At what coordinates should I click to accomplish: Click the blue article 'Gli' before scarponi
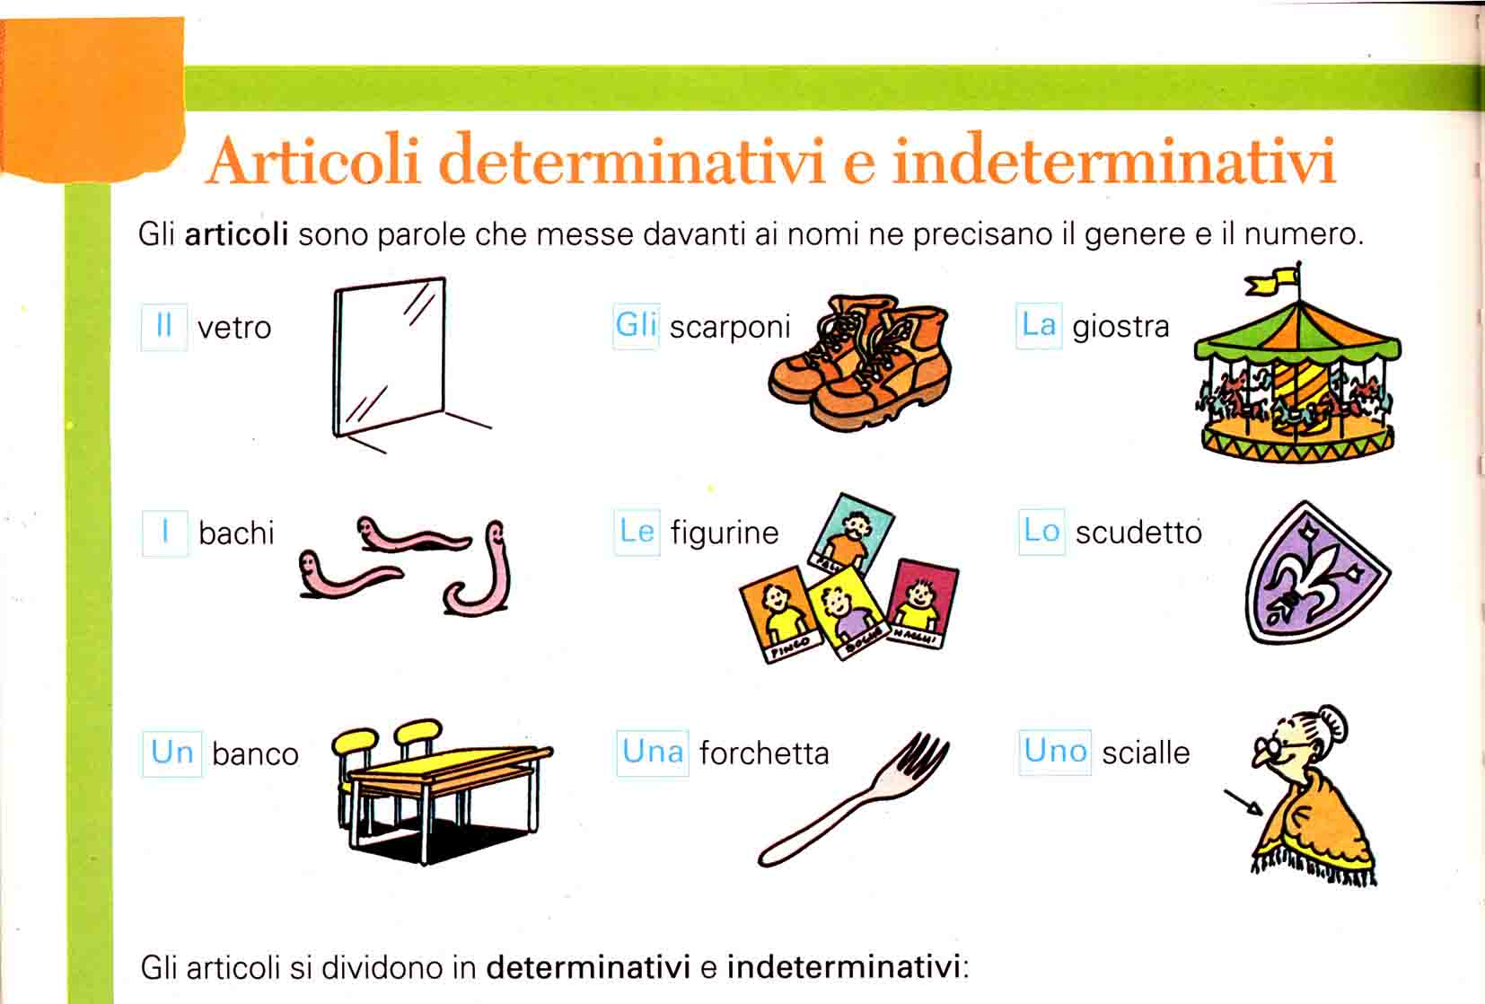[636, 326]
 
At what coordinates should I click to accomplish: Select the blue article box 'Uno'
[1055, 752]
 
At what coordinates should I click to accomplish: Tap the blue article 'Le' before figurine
[637, 531]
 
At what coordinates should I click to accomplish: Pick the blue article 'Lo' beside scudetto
[1041, 531]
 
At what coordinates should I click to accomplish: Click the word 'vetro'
[234, 328]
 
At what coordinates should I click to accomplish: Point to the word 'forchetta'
[764, 753]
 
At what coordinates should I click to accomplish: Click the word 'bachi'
[236, 533]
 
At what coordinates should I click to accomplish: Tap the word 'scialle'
[1146, 753]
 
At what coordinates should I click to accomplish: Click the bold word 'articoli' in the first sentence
[236, 234]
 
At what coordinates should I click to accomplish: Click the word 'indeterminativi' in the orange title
[1113, 160]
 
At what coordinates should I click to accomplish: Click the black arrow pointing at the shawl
[1243, 801]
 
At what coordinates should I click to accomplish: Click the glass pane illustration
[390, 357]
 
